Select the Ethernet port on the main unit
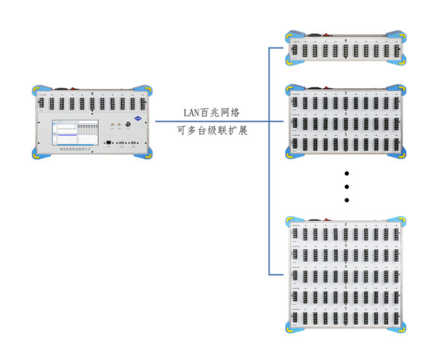(108, 143)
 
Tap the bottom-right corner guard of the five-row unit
(397, 326)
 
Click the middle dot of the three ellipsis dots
(347, 187)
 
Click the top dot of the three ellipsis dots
(347, 174)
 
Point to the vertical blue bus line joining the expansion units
(269, 160)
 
